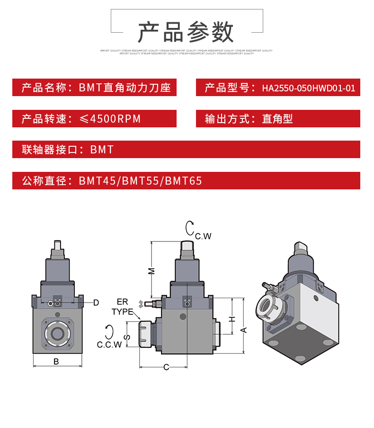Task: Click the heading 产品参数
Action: click(186, 33)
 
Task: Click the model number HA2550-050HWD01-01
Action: click(308, 88)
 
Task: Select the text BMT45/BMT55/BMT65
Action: click(141, 181)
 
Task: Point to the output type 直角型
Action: click(277, 119)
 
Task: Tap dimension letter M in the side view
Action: click(151, 270)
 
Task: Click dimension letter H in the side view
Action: click(232, 319)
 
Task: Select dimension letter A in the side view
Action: click(244, 329)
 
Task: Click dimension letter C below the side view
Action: click(166, 367)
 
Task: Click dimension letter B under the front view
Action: click(56, 362)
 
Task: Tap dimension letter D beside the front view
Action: click(96, 303)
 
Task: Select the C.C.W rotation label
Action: click(109, 344)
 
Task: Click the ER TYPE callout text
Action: click(123, 307)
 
